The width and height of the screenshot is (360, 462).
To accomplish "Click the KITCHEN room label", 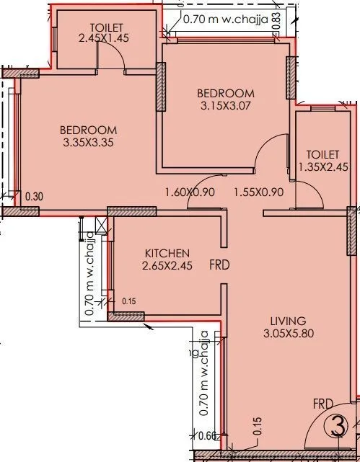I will pos(167,253).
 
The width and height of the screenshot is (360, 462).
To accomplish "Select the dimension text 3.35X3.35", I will pos(89,142).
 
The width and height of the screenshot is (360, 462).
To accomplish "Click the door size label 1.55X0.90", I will pos(258,193).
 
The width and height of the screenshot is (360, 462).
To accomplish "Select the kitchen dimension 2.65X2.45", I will pos(167,265).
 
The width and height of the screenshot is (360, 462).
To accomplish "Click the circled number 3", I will pos(336,427).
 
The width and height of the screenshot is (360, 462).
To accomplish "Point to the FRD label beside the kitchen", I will pos(219,265).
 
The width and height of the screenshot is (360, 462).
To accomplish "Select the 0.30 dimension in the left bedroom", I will pos(33,196).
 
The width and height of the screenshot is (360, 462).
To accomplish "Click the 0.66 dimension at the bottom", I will pos(207,435).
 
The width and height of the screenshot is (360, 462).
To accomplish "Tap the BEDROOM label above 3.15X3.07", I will pos(227,94).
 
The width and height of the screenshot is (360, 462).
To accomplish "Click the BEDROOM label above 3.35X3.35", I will pos(89,130).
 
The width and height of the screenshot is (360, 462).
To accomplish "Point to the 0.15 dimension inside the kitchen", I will pos(129,301).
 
